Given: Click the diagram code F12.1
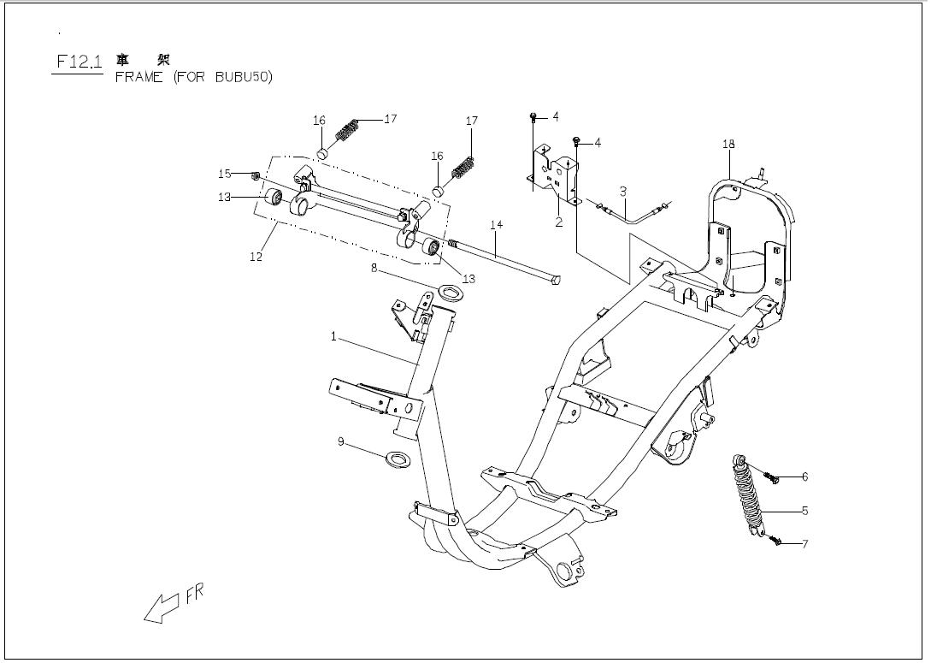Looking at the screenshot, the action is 79,62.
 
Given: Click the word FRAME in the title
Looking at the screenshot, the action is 139,77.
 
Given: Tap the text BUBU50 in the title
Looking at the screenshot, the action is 240,77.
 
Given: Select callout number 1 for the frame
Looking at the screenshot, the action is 333,337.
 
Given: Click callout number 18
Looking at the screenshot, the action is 728,144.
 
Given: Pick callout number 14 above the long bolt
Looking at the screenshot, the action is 497,224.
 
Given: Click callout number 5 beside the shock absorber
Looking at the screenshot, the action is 804,511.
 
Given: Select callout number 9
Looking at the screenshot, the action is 341,442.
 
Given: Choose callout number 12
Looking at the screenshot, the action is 256,258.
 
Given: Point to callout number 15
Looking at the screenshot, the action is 225,174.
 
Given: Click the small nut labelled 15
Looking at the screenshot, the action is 256,175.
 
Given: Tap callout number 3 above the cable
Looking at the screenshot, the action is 623,192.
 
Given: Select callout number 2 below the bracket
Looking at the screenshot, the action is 559,222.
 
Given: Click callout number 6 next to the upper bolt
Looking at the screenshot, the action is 804,477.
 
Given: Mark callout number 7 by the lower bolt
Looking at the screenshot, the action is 804,543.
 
